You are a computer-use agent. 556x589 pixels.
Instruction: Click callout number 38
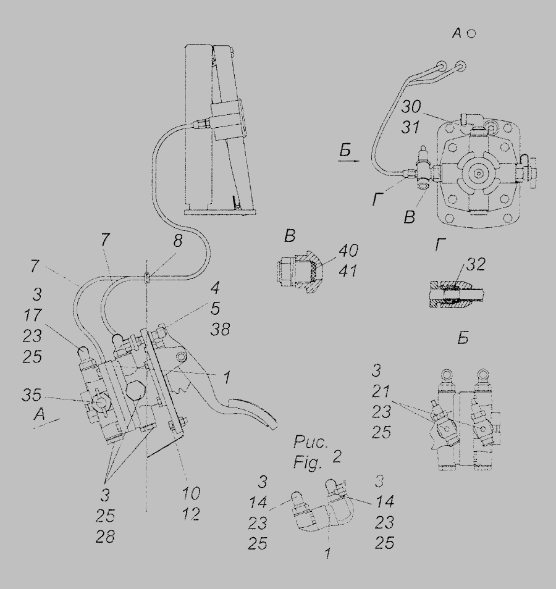[219, 330]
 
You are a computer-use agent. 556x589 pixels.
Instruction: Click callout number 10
[192, 494]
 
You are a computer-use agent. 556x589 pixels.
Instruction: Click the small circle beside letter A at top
[471, 35]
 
